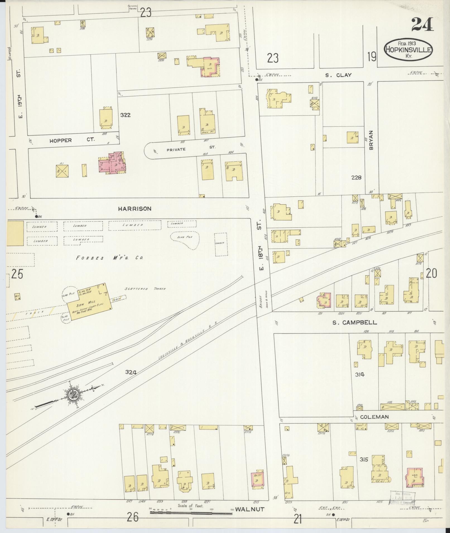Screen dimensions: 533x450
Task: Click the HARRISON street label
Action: [x=134, y=208]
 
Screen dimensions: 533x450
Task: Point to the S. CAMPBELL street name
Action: [x=355, y=322]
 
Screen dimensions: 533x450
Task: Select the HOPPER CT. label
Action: [x=72, y=140]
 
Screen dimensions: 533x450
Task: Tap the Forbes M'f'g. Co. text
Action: [x=110, y=258]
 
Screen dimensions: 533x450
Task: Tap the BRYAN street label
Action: [x=371, y=141]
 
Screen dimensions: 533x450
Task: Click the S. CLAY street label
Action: [x=338, y=75]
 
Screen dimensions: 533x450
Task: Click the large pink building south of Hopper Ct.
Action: [x=112, y=164]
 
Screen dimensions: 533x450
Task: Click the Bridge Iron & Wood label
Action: [x=264, y=301]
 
